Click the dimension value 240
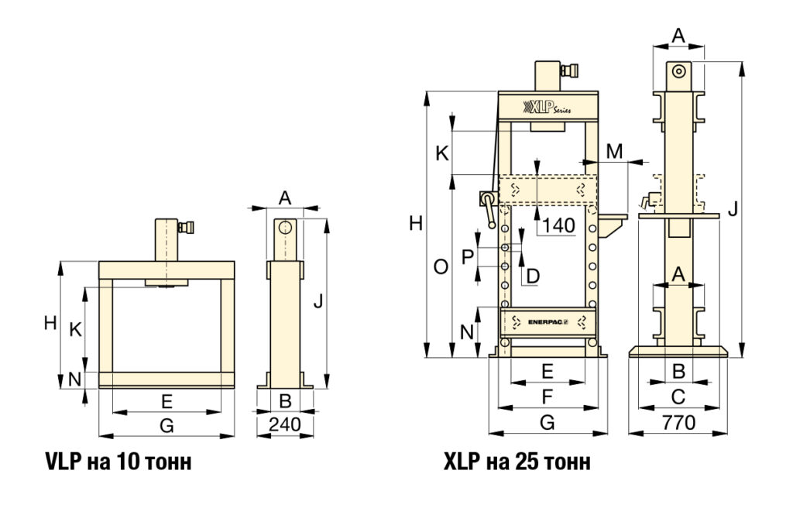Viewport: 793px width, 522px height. (x=285, y=424)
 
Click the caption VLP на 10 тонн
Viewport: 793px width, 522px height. (x=118, y=462)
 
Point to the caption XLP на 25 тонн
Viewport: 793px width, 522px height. (x=517, y=462)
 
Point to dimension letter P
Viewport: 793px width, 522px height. (x=467, y=256)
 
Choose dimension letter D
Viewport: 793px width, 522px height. (x=532, y=274)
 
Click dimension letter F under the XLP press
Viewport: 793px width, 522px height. (x=547, y=398)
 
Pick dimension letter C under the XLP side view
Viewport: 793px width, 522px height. (x=678, y=398)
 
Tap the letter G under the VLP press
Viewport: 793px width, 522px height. (x=166, y=425)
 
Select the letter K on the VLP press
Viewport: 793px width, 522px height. (x=75, y=329)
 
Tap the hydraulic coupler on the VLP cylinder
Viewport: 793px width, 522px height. (x=186, y=228)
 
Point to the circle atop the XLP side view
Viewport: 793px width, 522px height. (x=678, y=70)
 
